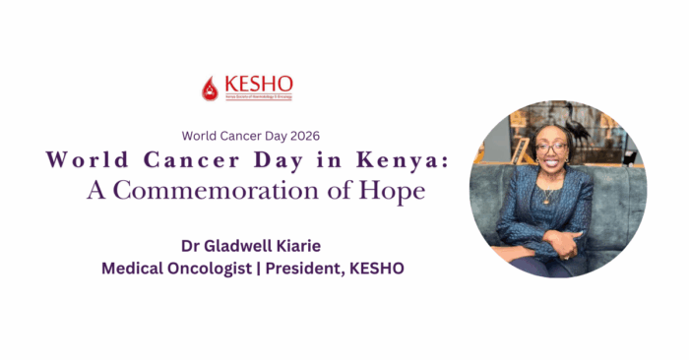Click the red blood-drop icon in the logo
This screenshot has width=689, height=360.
tap(209, 88)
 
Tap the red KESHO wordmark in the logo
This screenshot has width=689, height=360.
tap(256, 83)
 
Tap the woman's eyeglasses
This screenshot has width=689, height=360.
tap(552, 149)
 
